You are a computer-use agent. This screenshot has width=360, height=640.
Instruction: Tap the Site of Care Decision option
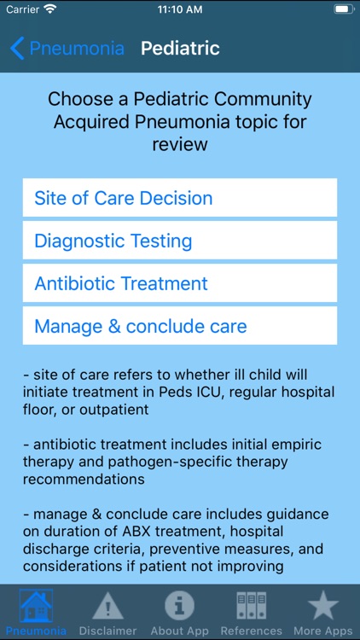179,198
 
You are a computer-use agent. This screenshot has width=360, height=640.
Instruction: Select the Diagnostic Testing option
179,241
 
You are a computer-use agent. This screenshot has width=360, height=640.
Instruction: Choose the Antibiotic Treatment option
179,283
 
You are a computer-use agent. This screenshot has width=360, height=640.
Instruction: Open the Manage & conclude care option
179,326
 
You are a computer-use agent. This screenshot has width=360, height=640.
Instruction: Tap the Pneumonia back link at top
76,48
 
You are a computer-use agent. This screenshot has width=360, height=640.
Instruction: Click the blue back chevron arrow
17,48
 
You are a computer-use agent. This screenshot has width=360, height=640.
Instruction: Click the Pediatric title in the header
180,48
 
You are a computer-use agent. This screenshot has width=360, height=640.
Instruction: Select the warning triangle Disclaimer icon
107,606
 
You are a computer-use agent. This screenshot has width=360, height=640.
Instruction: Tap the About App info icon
179,606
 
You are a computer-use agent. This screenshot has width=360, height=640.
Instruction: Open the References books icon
251,606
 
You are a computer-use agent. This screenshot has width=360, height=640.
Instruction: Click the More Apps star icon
322,606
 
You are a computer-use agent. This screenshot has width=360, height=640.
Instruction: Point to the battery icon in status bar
342,9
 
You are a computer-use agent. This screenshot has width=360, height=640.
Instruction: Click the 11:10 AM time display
180,9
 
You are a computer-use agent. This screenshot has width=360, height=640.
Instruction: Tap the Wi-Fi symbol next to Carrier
49,9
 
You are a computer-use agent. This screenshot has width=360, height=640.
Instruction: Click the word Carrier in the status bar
22,9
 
